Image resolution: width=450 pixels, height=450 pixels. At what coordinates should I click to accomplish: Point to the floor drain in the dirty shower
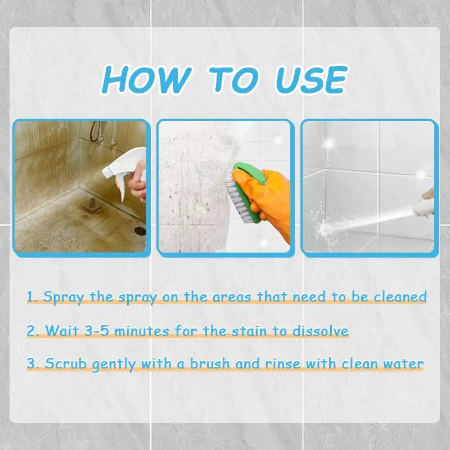tap(140, 231)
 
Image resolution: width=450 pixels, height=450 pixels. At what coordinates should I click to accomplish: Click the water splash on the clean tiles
tap(325, 228)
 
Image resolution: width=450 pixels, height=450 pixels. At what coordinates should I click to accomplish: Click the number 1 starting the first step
tap(31, 296)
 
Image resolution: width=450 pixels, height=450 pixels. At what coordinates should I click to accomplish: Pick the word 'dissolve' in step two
tap(320, 330)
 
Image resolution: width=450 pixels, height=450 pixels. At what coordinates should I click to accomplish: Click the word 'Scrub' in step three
tap(66, 364)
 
